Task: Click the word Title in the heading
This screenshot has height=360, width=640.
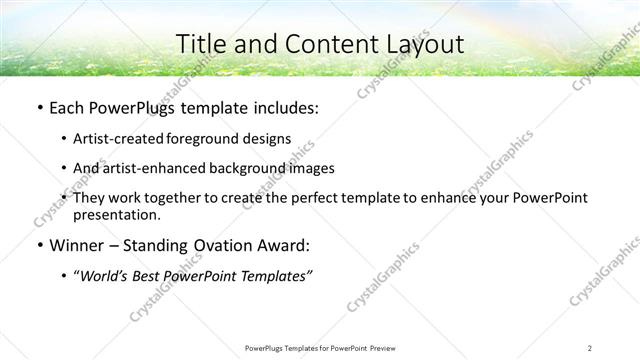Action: pos(200,45)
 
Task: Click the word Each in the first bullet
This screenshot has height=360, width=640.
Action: pos(66,108)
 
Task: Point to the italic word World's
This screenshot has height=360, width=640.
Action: pos(103,276)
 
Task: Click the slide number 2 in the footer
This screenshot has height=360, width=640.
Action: pos(590,347)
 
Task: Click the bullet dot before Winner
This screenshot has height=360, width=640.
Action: pos(38,246)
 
